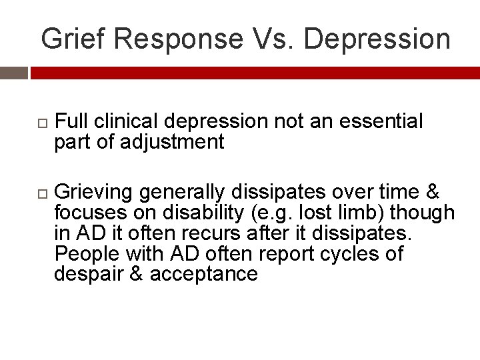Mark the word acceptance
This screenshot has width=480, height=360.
pos(203,274)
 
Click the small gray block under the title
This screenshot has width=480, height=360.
pos(14,73)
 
